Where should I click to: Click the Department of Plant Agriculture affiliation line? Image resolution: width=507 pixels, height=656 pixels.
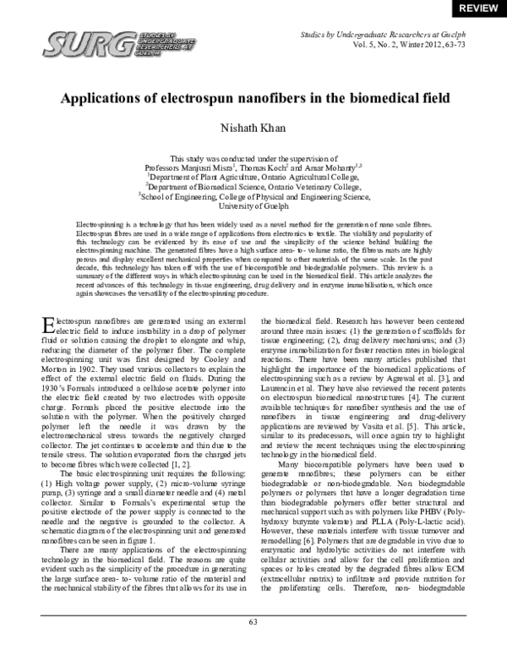(x=253, y=178)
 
